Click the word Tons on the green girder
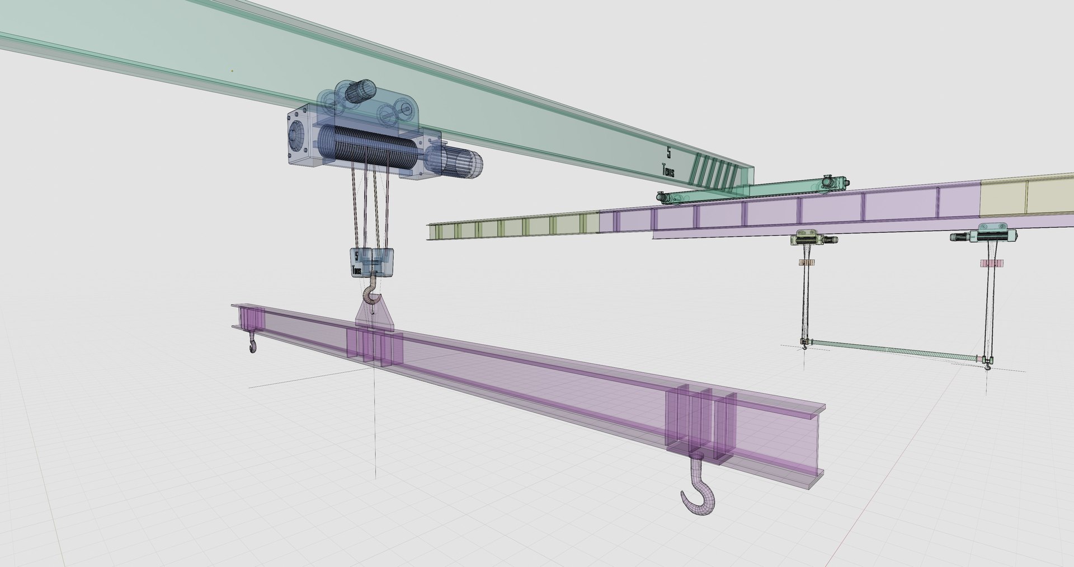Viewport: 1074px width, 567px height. pyautogui.click(x=668, y=170)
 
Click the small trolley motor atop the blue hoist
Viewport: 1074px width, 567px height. pyautogui.click(x=361, y=91)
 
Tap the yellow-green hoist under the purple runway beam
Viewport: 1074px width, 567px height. pyautogui.click(x=809, y=240)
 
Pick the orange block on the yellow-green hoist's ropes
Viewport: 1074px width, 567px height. pyautogui.click(x=806, y=262)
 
